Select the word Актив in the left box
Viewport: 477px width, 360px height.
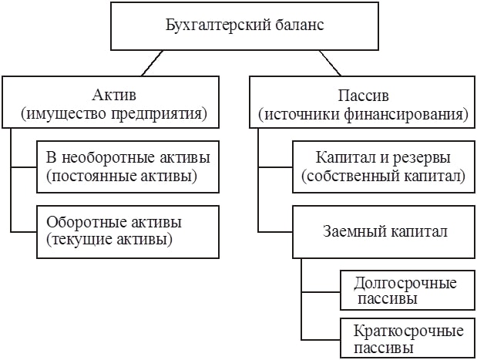tap(115, 97)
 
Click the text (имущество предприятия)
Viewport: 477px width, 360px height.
tap(115, 115)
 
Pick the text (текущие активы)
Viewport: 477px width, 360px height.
tap(109, 239)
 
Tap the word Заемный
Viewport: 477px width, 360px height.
tap(348, 230)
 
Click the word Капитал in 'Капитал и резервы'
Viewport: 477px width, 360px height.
tap(344, 158)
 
